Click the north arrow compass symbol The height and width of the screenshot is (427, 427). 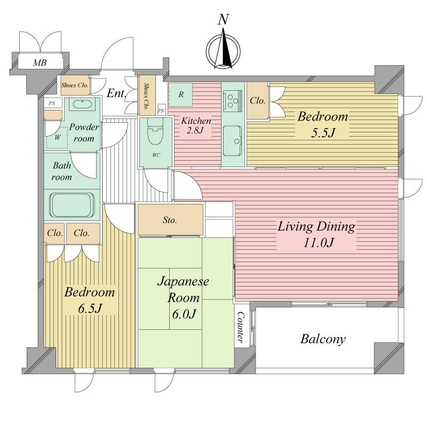pyautogui.click(x=224, y=50)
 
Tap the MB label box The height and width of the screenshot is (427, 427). pyautogui.click(x=40, y=63)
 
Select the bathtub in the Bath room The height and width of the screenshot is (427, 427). pyautogui.click(x=72, y=204)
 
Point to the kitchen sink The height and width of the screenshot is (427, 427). pyautogui.click(x=233, y=137)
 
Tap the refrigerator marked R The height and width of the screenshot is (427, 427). pyautogui.click(x=181, y=95)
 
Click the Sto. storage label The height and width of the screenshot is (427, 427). pyautogui.click(x=170, y=220)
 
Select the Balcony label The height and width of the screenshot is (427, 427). pyautogui.click(x=322, y=339)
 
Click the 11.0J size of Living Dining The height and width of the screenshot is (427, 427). pyautogui.click(x=316, y=243)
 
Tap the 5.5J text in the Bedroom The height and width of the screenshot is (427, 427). pyautogui.click(x=322, y=132)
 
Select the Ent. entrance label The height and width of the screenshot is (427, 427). pyautogui.click(x=116, y=94)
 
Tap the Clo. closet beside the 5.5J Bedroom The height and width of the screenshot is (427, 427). pyautogui.click(x=258, y=100)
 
